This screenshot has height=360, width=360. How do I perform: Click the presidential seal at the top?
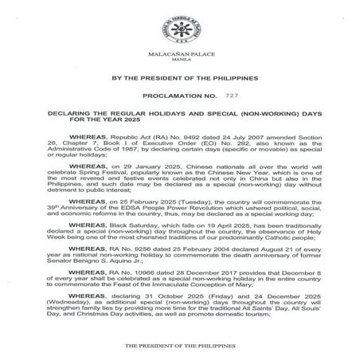coord(179,24)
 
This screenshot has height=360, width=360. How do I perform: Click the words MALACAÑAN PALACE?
coord(179,53)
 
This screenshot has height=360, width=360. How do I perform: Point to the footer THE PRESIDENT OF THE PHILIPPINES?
coord(179,348)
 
